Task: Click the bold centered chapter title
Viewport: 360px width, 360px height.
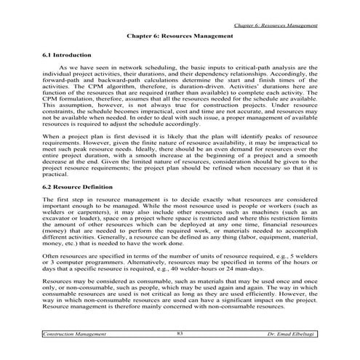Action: [x=179, y=34]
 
